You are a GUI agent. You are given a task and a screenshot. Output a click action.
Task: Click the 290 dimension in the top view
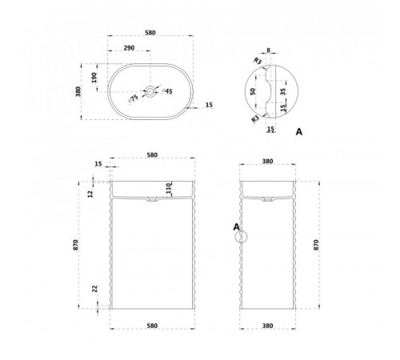click(x=129, y=48)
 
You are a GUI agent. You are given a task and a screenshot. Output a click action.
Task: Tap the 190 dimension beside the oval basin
click(x=94, y=78)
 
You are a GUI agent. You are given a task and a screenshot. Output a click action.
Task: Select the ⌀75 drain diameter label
click(x=133, y=98)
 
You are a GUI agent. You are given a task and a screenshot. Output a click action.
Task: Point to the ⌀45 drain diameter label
click(x=167, y=91)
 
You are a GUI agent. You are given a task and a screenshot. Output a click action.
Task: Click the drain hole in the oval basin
click(x=150, y=91)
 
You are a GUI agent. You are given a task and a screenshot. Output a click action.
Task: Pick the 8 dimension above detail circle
click(x=268, y=50)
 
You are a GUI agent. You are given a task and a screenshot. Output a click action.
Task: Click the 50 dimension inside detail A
click(x=253, y=91)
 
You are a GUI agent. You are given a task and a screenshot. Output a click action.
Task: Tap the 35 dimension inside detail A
click(x=283, y=91)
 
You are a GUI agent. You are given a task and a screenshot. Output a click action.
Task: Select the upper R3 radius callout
click(x=258, y=61)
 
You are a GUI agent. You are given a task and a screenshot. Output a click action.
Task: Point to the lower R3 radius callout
click(x=255, y=119)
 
